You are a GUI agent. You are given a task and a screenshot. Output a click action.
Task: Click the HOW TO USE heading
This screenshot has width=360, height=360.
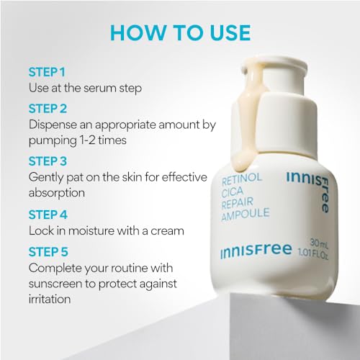point(181,32)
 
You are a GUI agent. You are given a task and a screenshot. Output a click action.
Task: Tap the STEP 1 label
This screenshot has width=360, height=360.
point(47,72)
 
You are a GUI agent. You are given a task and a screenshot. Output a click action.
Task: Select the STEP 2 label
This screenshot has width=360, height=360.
point(48,109)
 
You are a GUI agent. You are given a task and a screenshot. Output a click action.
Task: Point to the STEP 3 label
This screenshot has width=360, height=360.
point(48,161)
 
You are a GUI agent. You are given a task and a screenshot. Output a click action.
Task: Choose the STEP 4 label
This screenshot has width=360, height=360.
point(48,215)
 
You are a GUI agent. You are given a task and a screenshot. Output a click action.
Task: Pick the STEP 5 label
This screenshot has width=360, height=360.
point(48,252)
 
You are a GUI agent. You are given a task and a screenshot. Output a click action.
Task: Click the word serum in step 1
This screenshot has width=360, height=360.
point(100,89)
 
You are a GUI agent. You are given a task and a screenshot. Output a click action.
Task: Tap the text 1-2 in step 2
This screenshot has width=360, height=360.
point(84,140)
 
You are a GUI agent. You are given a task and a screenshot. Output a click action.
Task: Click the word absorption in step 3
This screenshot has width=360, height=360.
point(57,193)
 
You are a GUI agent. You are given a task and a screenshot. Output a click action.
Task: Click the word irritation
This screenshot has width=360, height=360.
point(50,299)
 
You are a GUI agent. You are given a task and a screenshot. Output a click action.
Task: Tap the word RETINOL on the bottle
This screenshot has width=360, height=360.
point(242,179)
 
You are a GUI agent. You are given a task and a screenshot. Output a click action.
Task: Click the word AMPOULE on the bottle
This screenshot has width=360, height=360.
point(246,214)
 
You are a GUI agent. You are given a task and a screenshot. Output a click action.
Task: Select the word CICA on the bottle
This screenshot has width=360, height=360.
point(233,192)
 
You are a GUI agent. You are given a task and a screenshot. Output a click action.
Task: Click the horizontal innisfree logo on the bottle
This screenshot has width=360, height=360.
point(256,251)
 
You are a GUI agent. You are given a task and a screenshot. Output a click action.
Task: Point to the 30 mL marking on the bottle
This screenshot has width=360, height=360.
point(319,243)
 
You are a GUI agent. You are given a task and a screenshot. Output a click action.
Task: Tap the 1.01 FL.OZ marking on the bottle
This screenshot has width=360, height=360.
point(312,253)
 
